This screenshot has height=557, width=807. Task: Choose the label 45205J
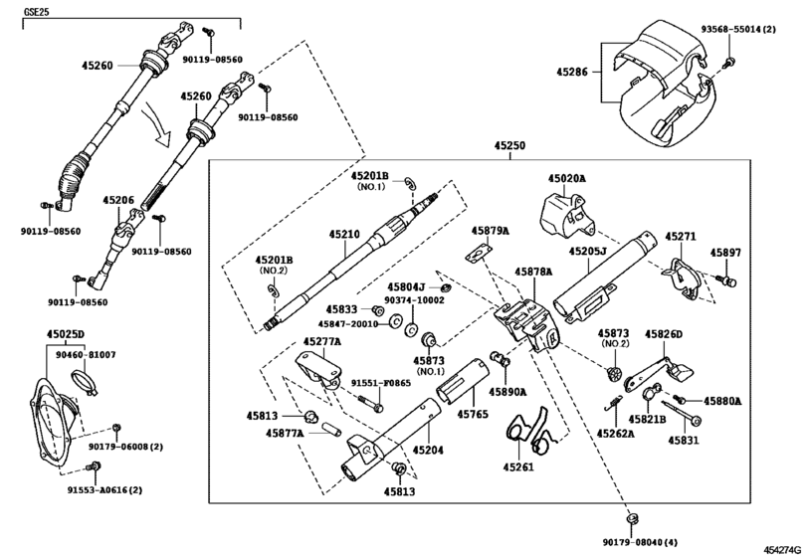click(x=587, y=252)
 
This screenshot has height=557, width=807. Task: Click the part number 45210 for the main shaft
click(x=344, y=235)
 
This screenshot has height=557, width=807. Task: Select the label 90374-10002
click(x=417, y=299)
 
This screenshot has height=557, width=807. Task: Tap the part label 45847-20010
click(x=348, y=323)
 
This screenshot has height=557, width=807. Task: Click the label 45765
click(x=474, y=413)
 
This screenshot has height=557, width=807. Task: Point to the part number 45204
click(x=430, y=450)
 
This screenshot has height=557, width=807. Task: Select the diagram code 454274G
click(x=783, y=549)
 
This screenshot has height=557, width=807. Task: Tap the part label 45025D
click(x=67, y=333)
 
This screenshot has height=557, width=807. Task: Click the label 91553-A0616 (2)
click(x=104, y=490)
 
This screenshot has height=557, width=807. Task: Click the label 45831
click(x=684, y=439)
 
